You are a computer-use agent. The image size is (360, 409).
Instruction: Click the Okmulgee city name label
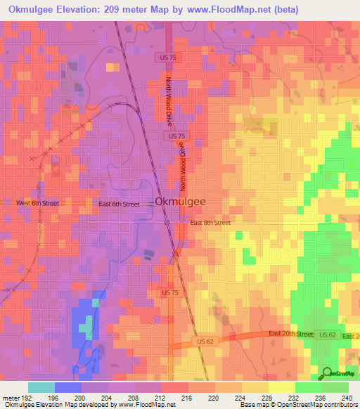click(180, 202)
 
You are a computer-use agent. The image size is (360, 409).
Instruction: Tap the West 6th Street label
click(37, 203)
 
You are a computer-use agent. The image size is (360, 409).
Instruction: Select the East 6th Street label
click(119, 203)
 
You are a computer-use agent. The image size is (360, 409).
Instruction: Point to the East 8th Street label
click(210, 223)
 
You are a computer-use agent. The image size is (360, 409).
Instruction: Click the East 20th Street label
click(290, 335)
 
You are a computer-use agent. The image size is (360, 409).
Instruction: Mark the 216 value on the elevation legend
click(187, 398)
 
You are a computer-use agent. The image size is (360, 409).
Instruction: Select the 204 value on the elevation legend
click(107, 398)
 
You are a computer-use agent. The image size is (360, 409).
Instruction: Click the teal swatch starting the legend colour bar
click(41, 387)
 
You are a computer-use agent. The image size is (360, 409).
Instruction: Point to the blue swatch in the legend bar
click(67, 387)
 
